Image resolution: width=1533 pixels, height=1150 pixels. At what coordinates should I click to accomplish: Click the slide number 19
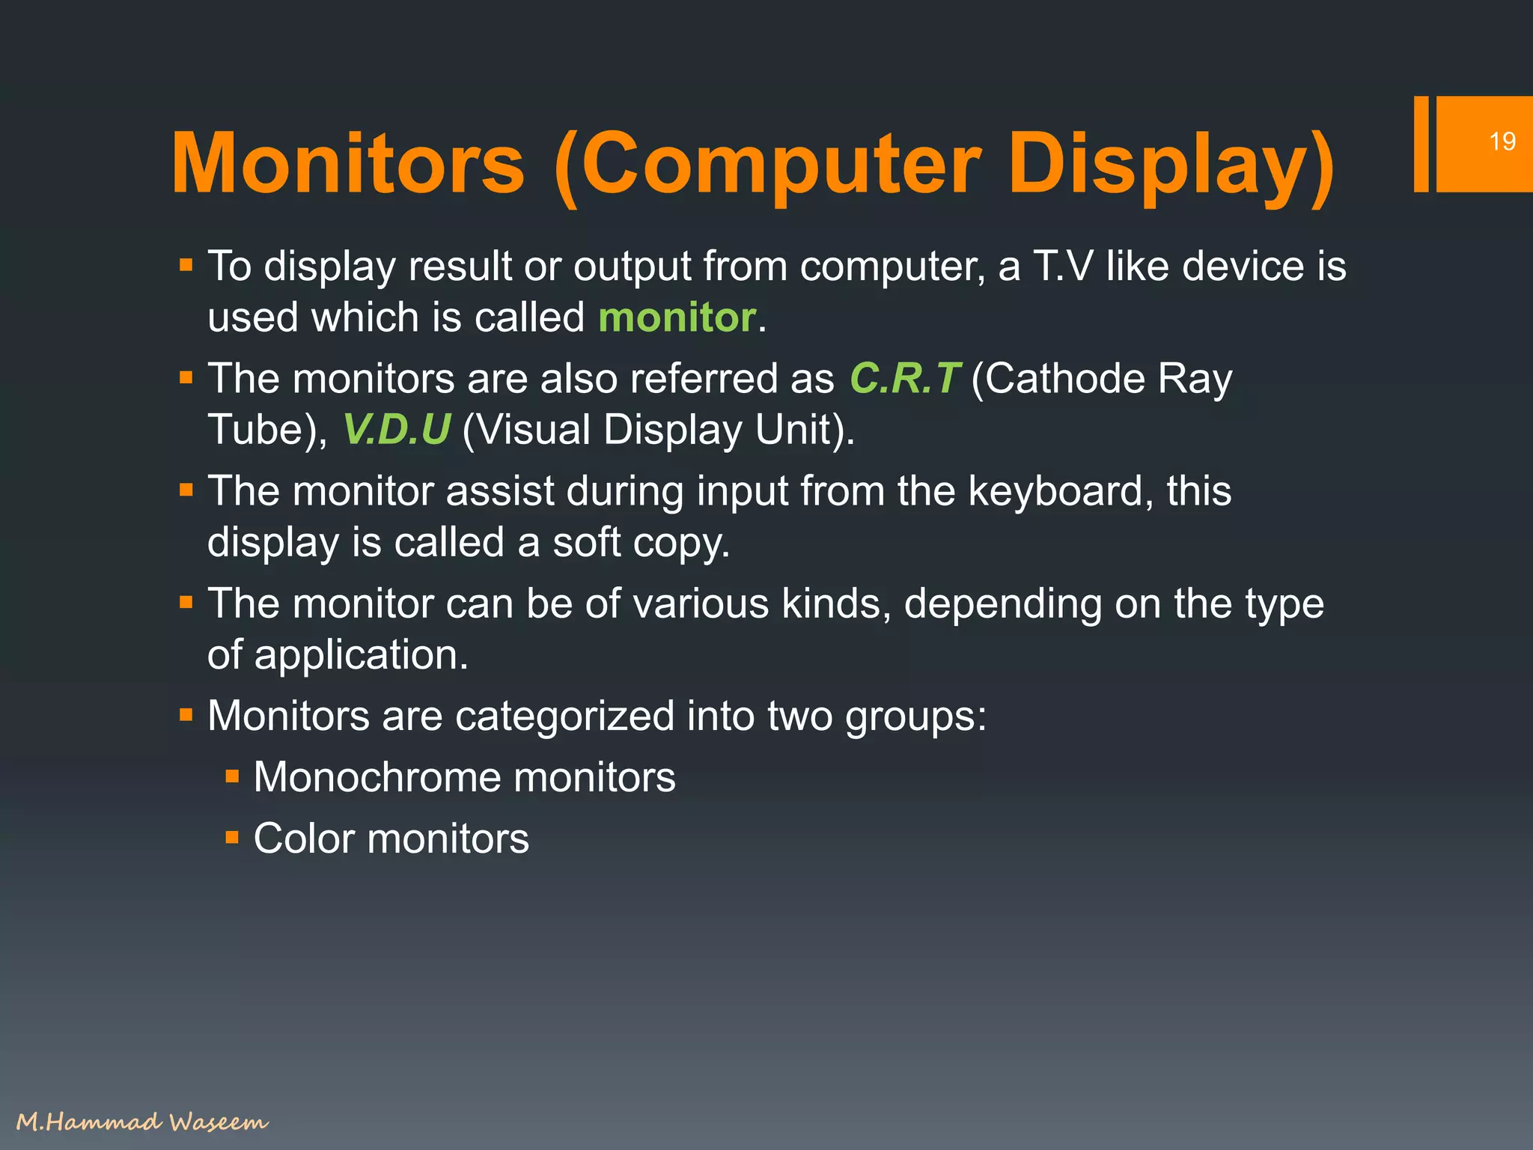click(1502, 142)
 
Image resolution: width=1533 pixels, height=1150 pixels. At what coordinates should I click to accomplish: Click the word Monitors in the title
click(348, 164)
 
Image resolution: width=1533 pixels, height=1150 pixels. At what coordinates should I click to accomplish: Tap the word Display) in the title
click(1171, 164)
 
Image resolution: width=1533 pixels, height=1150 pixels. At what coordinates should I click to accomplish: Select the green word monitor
click(677, 317)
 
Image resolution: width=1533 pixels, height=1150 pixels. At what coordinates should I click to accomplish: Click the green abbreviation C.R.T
click(904, 379)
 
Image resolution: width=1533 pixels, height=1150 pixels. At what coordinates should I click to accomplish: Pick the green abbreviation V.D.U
click(397, 430)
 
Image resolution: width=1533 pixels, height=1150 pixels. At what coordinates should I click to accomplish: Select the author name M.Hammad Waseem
click(141, 1122)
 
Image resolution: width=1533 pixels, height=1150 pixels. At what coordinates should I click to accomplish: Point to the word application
click(361, 655)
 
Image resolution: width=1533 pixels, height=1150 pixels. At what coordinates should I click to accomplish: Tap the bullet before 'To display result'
click(186, 266)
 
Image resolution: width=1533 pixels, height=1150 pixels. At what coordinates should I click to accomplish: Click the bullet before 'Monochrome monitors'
click(232, 776)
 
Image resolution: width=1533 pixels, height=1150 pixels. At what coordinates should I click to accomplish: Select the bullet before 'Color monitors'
click(232, 838)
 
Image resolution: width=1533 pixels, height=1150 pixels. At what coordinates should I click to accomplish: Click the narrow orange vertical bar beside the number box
click(1421, 144)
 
